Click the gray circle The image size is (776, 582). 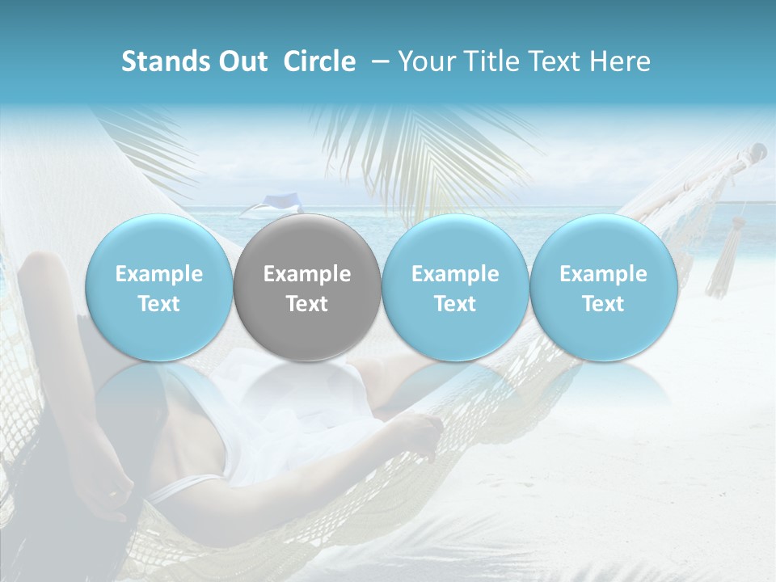(x=307, y=288)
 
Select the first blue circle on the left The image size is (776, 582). (x=159, y=288)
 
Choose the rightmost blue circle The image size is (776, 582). (x=603, y=288)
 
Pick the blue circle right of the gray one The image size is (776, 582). (x=455, y=288)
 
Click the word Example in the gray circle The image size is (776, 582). (x=307, y=274)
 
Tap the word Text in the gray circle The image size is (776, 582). (x=307, y=304)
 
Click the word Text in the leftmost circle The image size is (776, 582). (x=159, y=304)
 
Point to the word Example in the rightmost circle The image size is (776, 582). (x=603, y=274)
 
